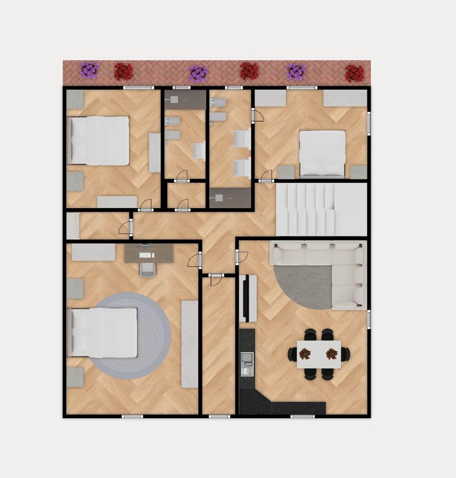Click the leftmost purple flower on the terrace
90,70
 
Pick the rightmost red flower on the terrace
354,73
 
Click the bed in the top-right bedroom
322,153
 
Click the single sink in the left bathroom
199,151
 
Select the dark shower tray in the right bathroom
230,198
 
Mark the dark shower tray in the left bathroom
185,99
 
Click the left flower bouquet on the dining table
304,354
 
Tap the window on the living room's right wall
369,319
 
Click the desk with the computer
149,253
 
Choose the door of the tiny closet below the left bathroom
182,205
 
